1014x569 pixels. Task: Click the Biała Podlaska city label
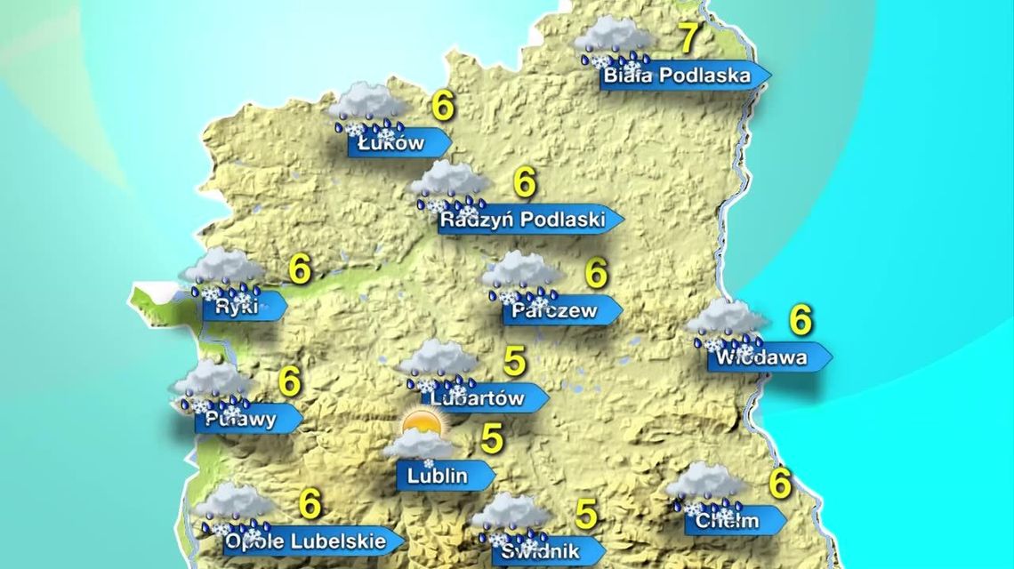[x=677, y=76]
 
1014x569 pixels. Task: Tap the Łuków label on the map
[x=392, y=143]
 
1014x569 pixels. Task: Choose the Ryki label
[x=237, y=307]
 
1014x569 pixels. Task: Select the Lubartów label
[x=478, y=398]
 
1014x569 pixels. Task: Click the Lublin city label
[x=438, y=476]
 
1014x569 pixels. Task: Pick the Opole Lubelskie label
[x=306, y=540]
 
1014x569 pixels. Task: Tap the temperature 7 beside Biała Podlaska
[x=688, y=38]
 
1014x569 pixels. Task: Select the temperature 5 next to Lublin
[x=492, y=438]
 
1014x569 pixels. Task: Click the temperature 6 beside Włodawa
[x=801, y=320]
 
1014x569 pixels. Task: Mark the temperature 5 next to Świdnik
[x=586, y=514]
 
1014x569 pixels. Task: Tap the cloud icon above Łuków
[x=366, y=102]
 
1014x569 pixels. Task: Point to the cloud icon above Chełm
[x=705, y=481]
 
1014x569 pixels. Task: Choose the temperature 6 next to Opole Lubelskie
[x=310, y=504]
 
